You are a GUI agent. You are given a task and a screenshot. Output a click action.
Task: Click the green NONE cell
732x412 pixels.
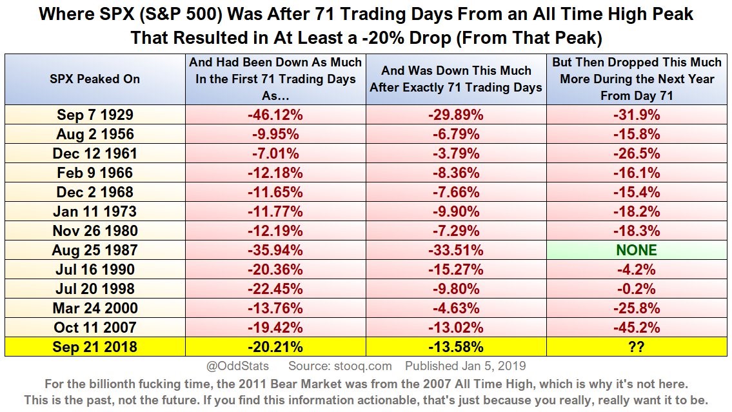[x=637, y=250]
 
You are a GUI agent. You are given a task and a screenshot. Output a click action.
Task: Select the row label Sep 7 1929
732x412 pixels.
[x=95, y=115]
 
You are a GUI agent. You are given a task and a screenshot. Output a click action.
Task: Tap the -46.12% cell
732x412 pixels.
[x=276, y=115]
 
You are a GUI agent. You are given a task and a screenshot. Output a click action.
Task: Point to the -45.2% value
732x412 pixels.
[x=637, y=328]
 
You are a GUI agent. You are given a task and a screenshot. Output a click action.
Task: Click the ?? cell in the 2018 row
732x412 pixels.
[x=637, y=347]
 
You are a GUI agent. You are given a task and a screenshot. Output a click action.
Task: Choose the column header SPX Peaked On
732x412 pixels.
[x=95, y=79]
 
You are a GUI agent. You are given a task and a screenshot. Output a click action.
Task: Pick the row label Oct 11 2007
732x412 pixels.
[x=95, y=328]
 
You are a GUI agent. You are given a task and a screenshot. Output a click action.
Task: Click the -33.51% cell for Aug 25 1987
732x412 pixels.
[x=456, y=250]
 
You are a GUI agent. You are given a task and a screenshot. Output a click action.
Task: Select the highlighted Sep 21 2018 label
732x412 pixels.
[x=95, y=347]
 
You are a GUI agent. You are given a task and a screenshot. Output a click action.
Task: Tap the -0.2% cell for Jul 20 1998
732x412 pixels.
[x=637, y=289]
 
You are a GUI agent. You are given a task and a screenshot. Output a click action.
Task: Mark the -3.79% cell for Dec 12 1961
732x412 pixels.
[x=456, y=153]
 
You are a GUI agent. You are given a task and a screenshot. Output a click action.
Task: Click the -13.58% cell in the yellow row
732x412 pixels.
[x=456, y=347]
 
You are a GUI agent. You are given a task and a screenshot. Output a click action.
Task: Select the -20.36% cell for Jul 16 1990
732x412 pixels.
[x=276, y=270]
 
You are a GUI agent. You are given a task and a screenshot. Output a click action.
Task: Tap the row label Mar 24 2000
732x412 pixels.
[x=95, y=308]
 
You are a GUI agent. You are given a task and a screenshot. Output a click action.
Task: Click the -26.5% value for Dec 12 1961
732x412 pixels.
[x=637, y=153]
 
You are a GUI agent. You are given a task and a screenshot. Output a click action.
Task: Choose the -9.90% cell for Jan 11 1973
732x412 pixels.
[x=456, y=211]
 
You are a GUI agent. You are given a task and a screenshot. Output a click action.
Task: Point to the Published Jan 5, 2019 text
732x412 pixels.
[x=466, y=366]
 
